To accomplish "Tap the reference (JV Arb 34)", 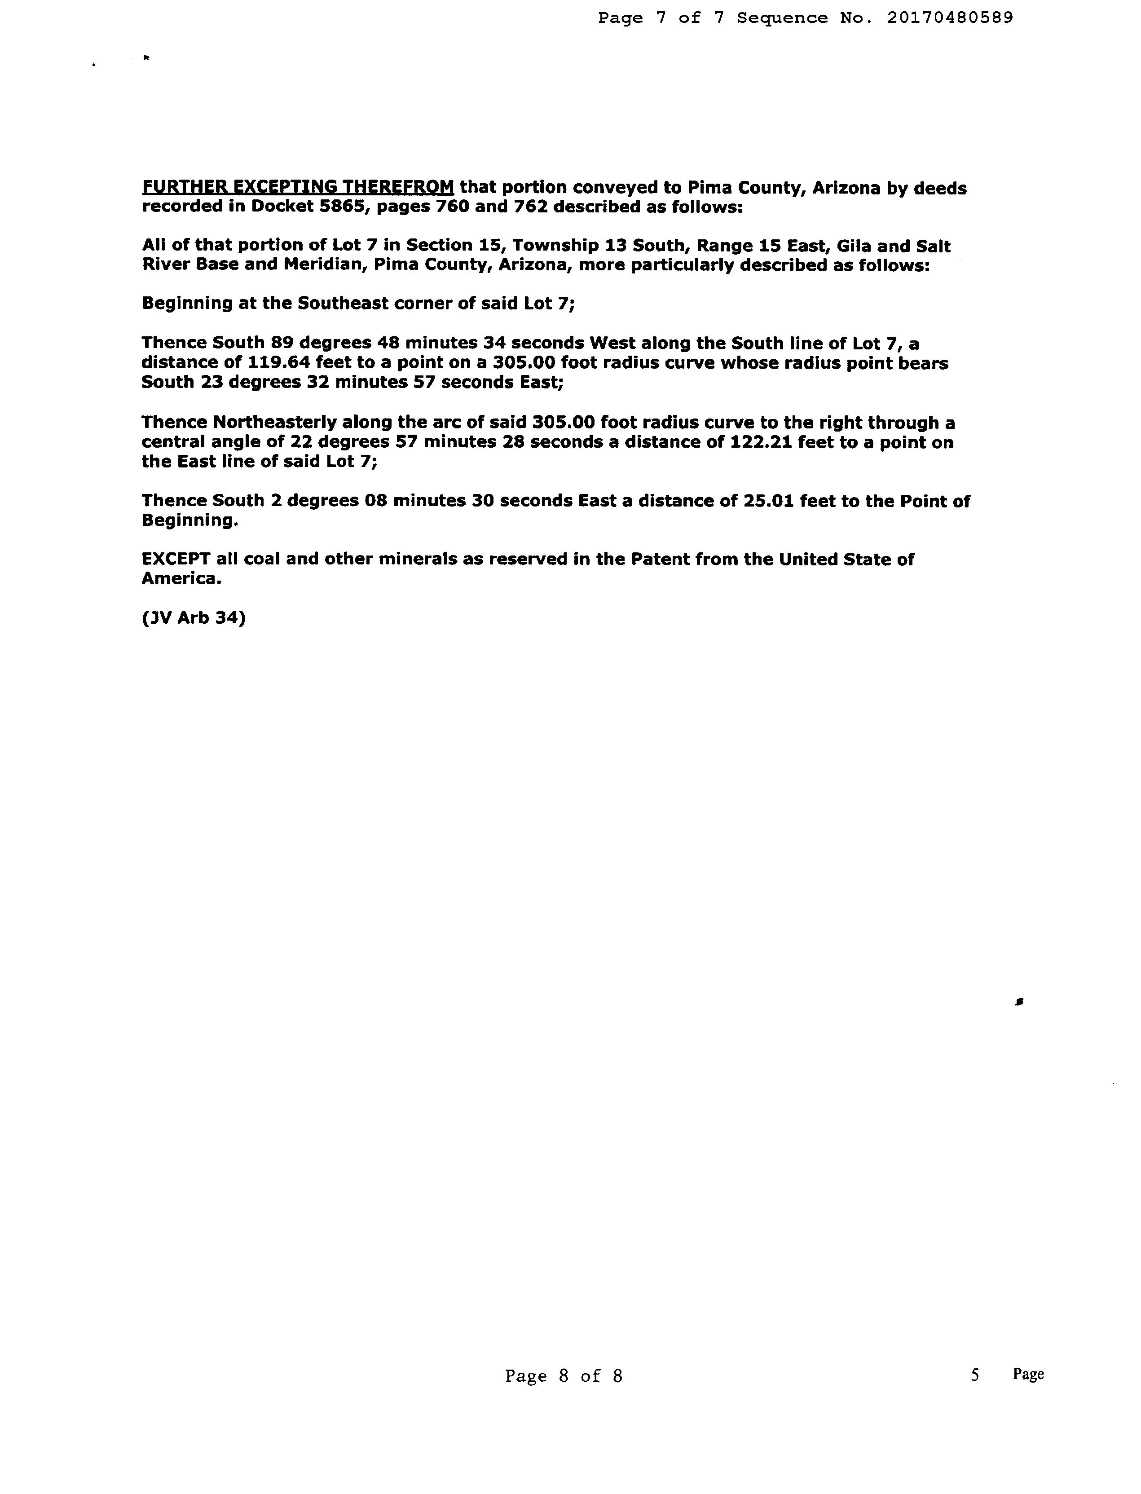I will [x=194, y=618].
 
